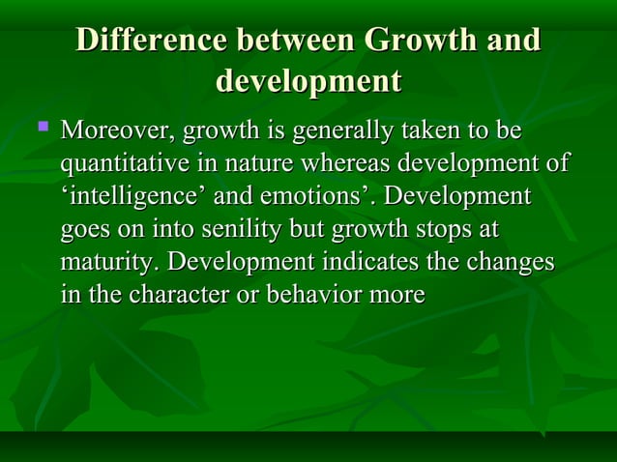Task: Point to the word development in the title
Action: [x=308, y=80]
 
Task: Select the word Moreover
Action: [x=117, y=130]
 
